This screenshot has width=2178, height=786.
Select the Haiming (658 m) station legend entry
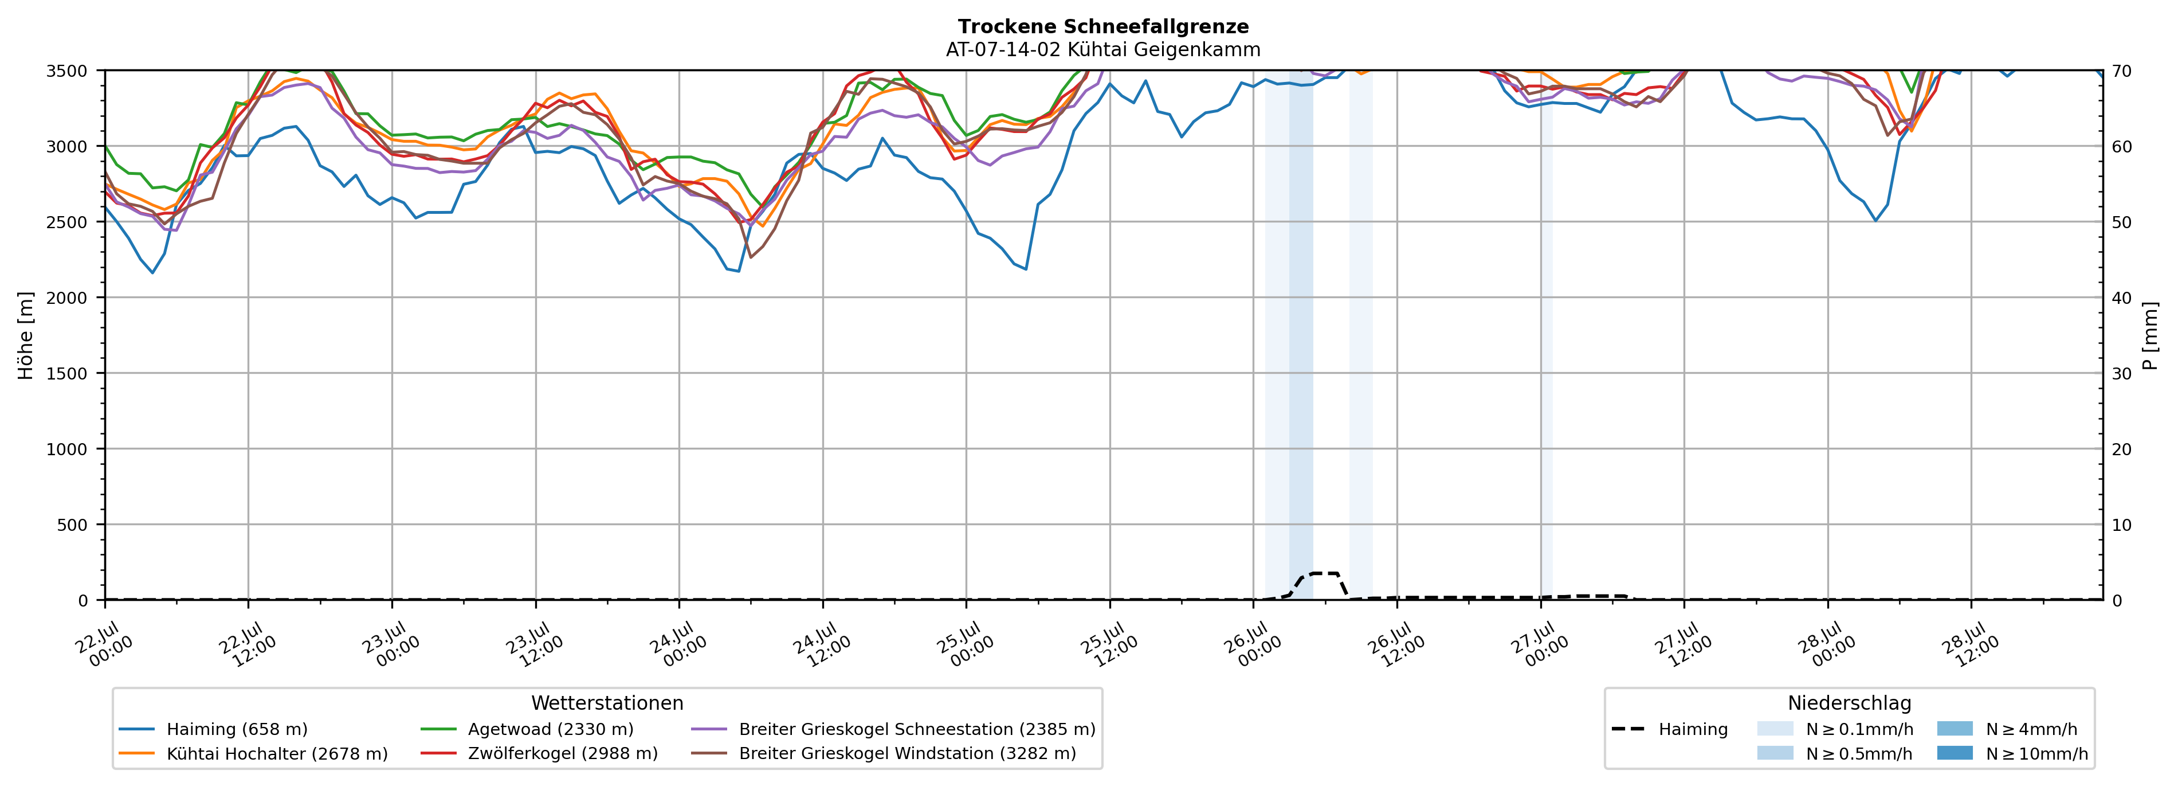click(x=213, y=729)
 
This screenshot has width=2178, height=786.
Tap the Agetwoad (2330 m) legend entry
click(x=527, y=729)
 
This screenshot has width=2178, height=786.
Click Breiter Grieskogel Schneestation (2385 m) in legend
click(x=893, y=729)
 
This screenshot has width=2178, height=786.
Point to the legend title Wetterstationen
click(x=607, y=703)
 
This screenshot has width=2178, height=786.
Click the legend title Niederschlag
click(x=1849, y=703)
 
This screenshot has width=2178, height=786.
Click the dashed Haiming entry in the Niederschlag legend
click(x=1670, y=729)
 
